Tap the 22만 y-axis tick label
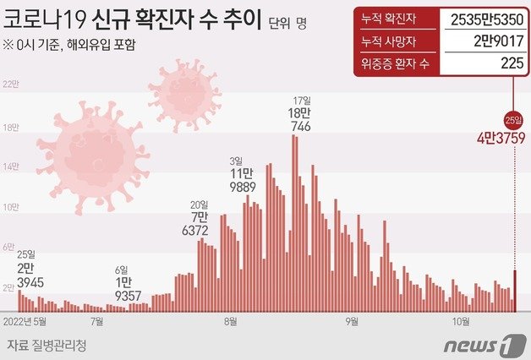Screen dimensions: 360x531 (10, 85)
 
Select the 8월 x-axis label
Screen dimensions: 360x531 (231, 321)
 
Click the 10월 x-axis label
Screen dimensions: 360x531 (461, 321)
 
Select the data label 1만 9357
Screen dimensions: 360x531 (123, 289)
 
